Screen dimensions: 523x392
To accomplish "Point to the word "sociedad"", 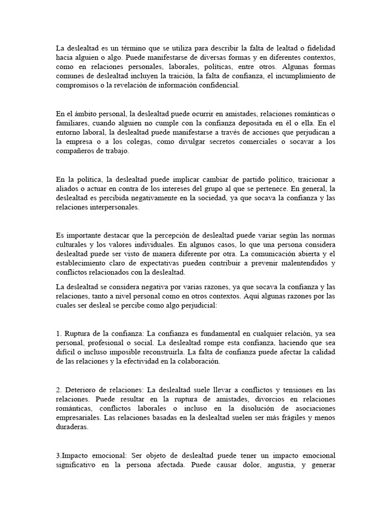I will (x=207, y=198).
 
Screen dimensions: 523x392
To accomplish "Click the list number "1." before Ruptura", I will (x=59, y=334).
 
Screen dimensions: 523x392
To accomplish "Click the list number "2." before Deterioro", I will (x=59, y=390).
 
